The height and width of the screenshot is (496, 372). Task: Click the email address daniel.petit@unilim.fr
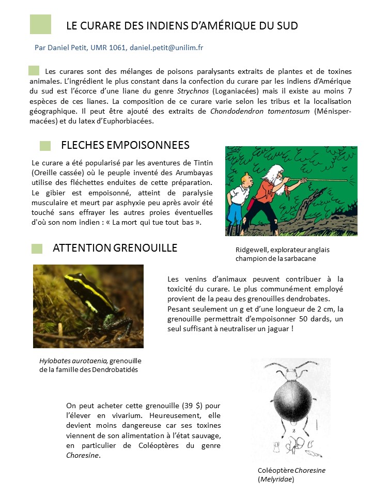point(166,48)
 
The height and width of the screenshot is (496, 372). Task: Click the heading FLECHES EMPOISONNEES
point(125,145)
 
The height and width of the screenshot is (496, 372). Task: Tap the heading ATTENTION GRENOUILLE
point(115,248)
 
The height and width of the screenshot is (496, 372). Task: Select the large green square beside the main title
point(40,24)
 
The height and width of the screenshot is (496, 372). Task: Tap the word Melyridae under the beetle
point(276,479)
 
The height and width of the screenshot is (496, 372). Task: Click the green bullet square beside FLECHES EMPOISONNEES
point(45,146)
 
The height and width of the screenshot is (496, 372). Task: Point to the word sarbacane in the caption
point(299,258)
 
